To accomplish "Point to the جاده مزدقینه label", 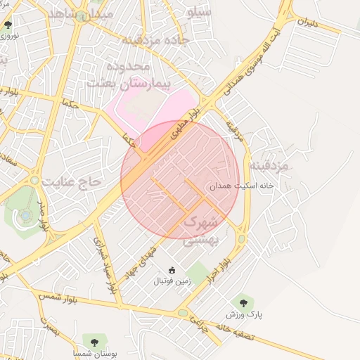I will coord(156,39).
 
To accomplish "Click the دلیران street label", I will coord(307,22).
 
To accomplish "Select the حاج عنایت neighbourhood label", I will coord(71,181).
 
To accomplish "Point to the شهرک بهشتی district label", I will coord(202,231).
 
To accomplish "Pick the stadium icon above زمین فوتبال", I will coord(172,270).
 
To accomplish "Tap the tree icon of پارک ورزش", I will coord(243,304).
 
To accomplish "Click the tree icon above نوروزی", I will coord(8,25).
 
